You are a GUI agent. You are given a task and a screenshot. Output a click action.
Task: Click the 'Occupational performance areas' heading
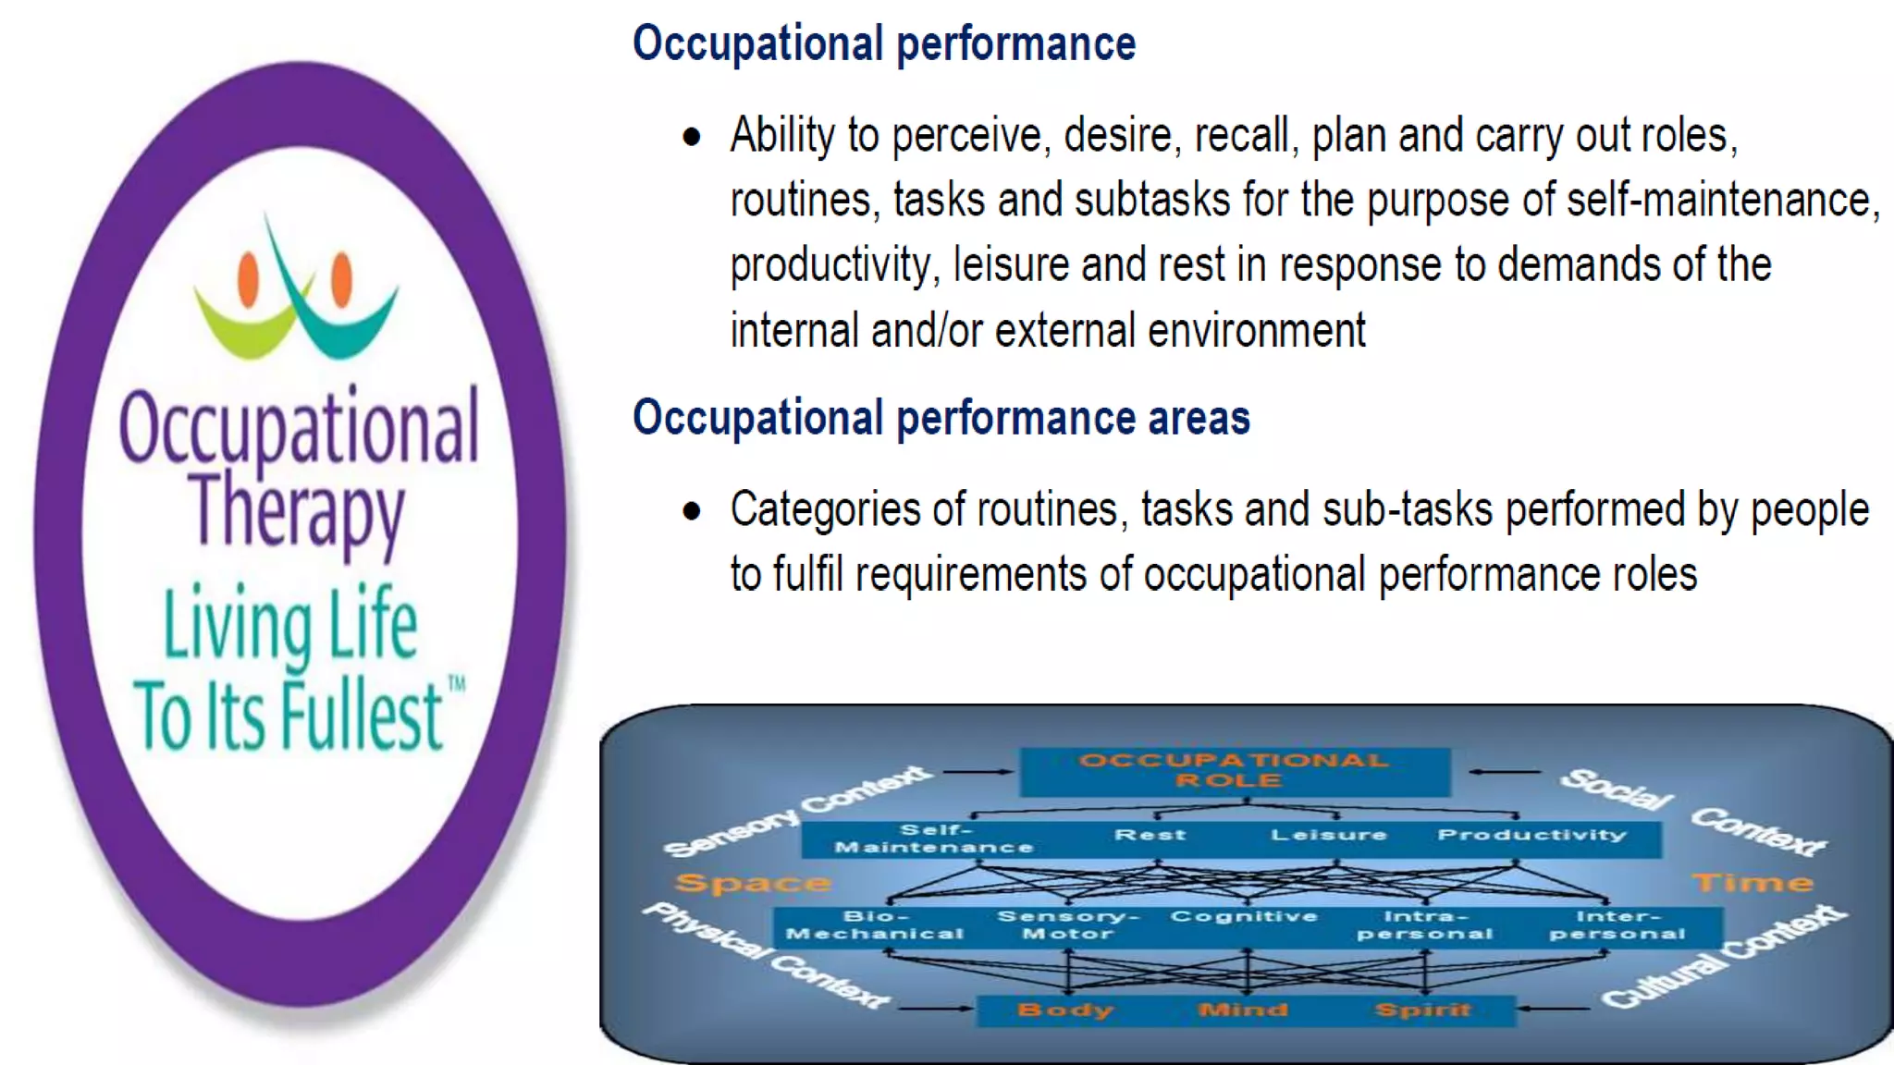pyautogui.click(x=941, y=418)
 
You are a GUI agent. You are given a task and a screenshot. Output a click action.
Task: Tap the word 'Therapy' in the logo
pyautogui.click(x=297, y=510)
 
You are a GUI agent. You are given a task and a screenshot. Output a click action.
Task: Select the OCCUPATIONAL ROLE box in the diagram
pyautogui.click(x=1234, y=771)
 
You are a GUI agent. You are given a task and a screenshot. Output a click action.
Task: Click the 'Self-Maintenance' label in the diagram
pyautogui.click(x=934, y=839)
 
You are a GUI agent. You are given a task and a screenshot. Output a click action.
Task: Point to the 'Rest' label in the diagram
pyautogui.click(x=1150, y=835)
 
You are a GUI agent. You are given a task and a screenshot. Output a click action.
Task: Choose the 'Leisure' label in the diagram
pyautogui.click(x=1329, y=835)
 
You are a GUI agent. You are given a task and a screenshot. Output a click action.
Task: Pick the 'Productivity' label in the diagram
pyautogui.click(x=1531, y=835)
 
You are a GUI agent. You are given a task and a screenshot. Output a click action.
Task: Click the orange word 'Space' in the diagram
pyautogui.click(x=752, y=883)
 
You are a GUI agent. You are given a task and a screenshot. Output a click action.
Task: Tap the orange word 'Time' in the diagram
pyautogui.click(x=1753, y=883)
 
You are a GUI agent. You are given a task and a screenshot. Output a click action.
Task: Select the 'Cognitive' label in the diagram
pyautogui.click(x=1244, y=916)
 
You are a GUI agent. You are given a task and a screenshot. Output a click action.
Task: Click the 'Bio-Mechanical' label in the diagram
pyautogui.click(x=875, y=924)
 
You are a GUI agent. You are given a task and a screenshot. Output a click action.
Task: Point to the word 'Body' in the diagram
pyautogui.click(x=1064, y=1010)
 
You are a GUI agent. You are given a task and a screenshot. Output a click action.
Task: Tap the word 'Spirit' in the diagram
pyautogui.click(x=1422, y=1010)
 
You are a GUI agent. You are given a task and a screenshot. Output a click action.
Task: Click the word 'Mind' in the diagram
pyautogui.click(x=1243, y=1010)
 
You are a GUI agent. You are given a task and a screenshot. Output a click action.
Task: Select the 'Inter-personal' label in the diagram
pyautogui.click(x=1617, y=924)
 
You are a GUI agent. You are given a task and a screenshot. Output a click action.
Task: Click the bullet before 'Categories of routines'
pyautogui.click(x=692, y=511)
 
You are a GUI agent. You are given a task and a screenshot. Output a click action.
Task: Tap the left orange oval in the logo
pyautogui.click(x=248, y=278)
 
